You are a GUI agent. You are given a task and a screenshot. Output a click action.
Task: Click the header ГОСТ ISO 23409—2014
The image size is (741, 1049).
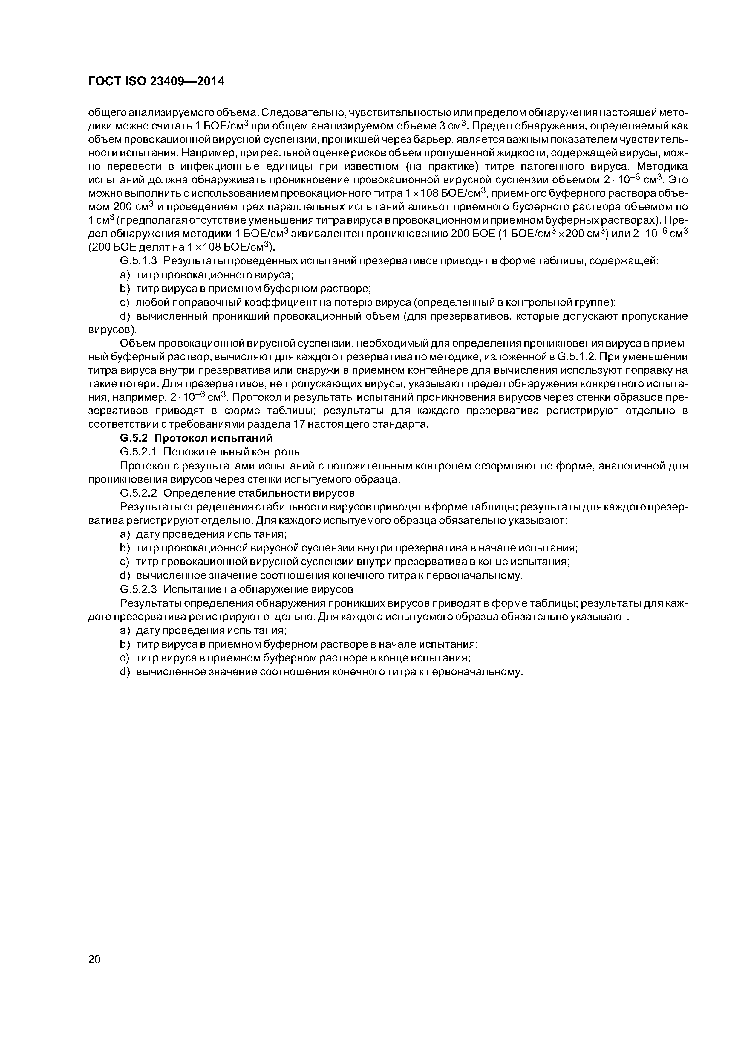[x=156, y=82]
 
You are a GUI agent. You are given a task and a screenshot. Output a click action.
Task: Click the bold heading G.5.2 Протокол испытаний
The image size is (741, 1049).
[x=196, y=438]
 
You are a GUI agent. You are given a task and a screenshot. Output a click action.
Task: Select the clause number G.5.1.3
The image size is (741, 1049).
[x=138, y=261]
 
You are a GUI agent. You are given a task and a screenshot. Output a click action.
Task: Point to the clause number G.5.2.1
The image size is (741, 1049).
[x=138, y=452]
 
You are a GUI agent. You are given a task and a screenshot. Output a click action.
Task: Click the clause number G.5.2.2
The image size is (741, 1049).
[x=138, y=493]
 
